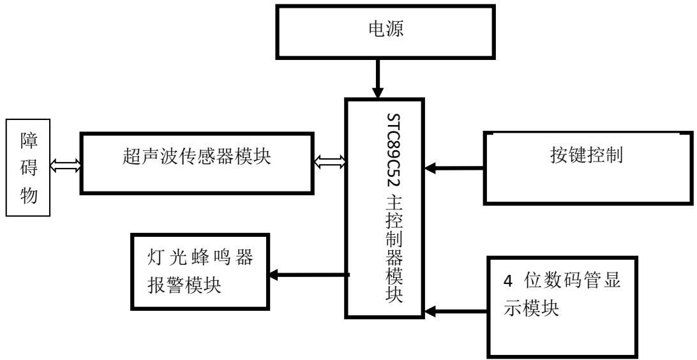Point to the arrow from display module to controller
[456, 312]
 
